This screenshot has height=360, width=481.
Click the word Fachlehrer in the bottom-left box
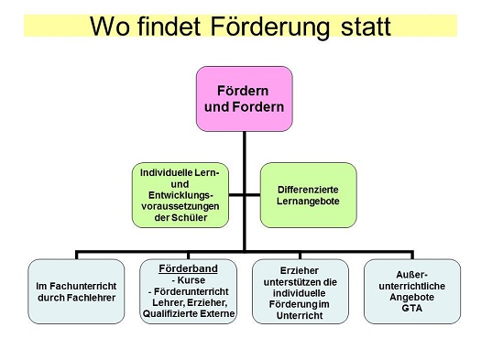(75, 298)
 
